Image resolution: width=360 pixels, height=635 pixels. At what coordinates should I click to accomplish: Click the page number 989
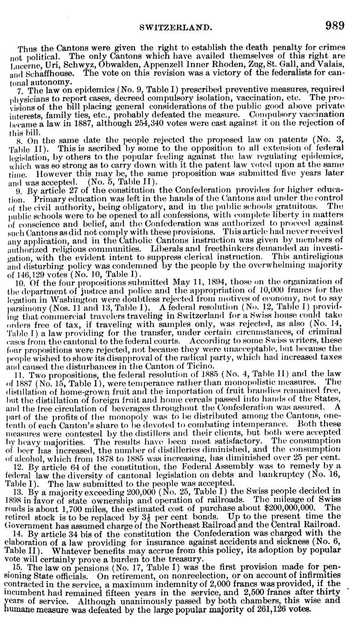pos(335,26)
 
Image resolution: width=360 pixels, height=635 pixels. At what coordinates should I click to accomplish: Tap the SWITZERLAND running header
pos(180,28)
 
